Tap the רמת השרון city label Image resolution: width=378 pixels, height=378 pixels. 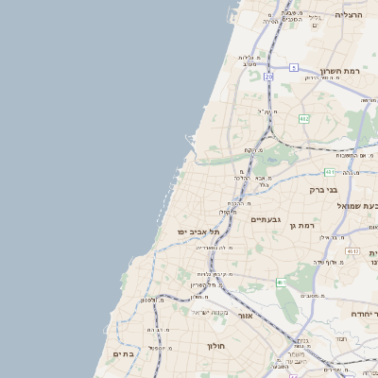(340, 71)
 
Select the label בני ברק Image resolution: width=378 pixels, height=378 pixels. (322, 189)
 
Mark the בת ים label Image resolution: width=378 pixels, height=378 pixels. (125, 353)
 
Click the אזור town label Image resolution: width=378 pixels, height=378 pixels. (245, 316)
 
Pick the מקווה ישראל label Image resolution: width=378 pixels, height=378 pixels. (211, 312)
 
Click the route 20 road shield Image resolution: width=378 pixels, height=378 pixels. (268, 76)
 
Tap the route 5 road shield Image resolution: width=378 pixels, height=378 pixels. (294, 67)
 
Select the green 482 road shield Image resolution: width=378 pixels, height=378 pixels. (303, 118)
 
